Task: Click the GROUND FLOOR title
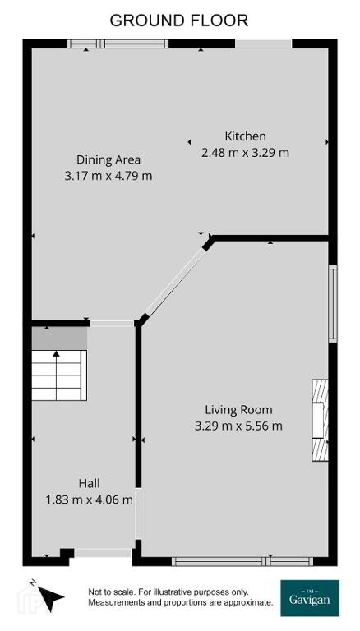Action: coord(179,20)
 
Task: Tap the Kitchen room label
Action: coord(245,136)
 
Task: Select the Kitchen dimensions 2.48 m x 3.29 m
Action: coord(245,153)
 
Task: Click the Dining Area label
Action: coord(108,159)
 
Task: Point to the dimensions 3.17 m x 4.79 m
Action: coord(108,176)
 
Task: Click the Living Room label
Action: coord(239,410)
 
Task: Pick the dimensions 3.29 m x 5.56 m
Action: coord(238,426)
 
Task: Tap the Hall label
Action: coord(89,483)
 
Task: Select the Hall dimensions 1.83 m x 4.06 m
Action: coord(89,500)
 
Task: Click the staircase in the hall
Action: coord(59,375)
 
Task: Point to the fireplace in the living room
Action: coord(321,420)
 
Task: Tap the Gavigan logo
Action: coord(310,598)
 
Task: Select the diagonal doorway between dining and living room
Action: coord(175,283)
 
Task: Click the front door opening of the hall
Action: coord(103,553)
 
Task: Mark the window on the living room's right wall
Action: coord(333,304)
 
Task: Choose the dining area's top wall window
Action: coord(118,44)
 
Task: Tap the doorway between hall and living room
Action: coord(138,514)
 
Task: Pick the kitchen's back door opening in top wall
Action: coord(263,44)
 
